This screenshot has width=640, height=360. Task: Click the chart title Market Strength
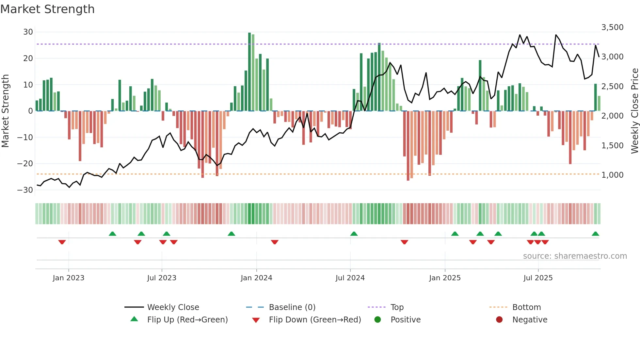point(47,9)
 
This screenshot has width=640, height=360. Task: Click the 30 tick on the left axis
point(28,32)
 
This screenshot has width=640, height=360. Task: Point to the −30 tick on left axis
point(25,190)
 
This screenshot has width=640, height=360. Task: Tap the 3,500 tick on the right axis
point(612,27)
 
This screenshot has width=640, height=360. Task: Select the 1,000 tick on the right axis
point(612,175)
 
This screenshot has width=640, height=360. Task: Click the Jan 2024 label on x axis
point(256,278)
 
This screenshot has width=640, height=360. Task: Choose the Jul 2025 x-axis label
point(538,278)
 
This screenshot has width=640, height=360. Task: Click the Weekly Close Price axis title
point(634,111)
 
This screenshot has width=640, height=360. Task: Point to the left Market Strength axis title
point(5,111)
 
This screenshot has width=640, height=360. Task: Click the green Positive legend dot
point(378,320)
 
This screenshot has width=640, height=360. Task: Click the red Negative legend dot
point(499,320)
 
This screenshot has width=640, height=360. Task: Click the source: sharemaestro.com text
point(575,256)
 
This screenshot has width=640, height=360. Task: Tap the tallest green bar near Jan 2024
point(249,72)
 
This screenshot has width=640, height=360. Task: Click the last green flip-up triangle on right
point(595,234)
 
